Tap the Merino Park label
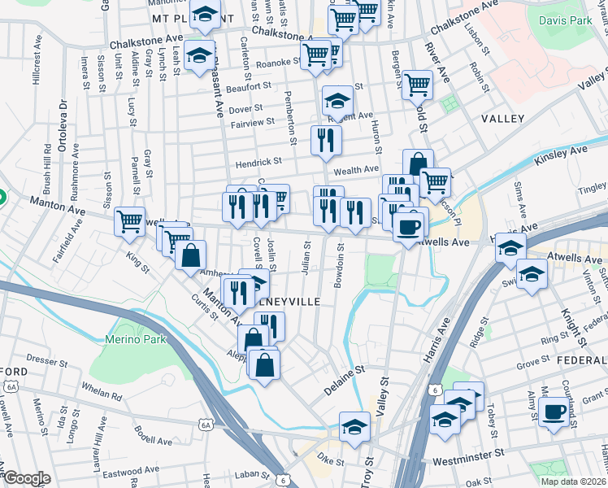click(129, 338)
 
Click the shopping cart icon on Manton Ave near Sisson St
click(130, 221)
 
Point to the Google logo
click(27, 478)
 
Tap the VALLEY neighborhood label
click(502, 119)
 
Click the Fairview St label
click(246, 123)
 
